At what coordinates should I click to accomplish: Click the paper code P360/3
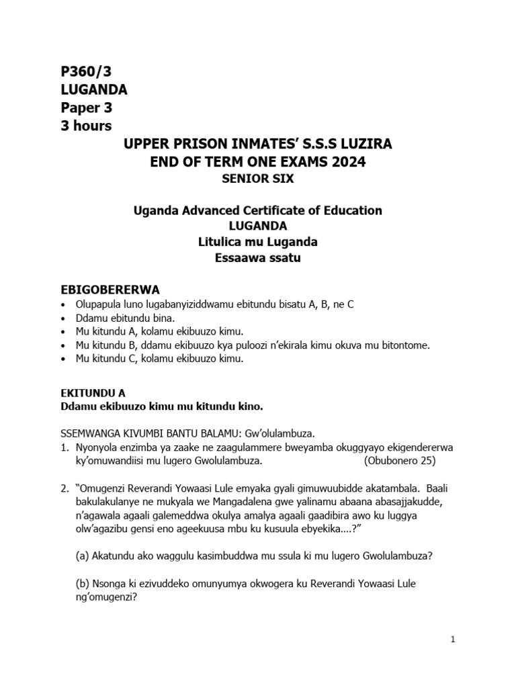click(82, 72)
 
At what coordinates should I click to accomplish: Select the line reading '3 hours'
click(87, 126)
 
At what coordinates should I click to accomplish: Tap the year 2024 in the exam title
click(349, 162)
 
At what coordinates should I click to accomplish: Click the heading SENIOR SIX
click(258, 179)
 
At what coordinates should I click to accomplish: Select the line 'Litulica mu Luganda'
click(258, 242)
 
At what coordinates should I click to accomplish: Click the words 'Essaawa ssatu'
click(258, 258)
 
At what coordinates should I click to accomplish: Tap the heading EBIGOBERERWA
click(110, 290)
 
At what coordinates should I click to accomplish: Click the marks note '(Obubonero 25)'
click(400, 461)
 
